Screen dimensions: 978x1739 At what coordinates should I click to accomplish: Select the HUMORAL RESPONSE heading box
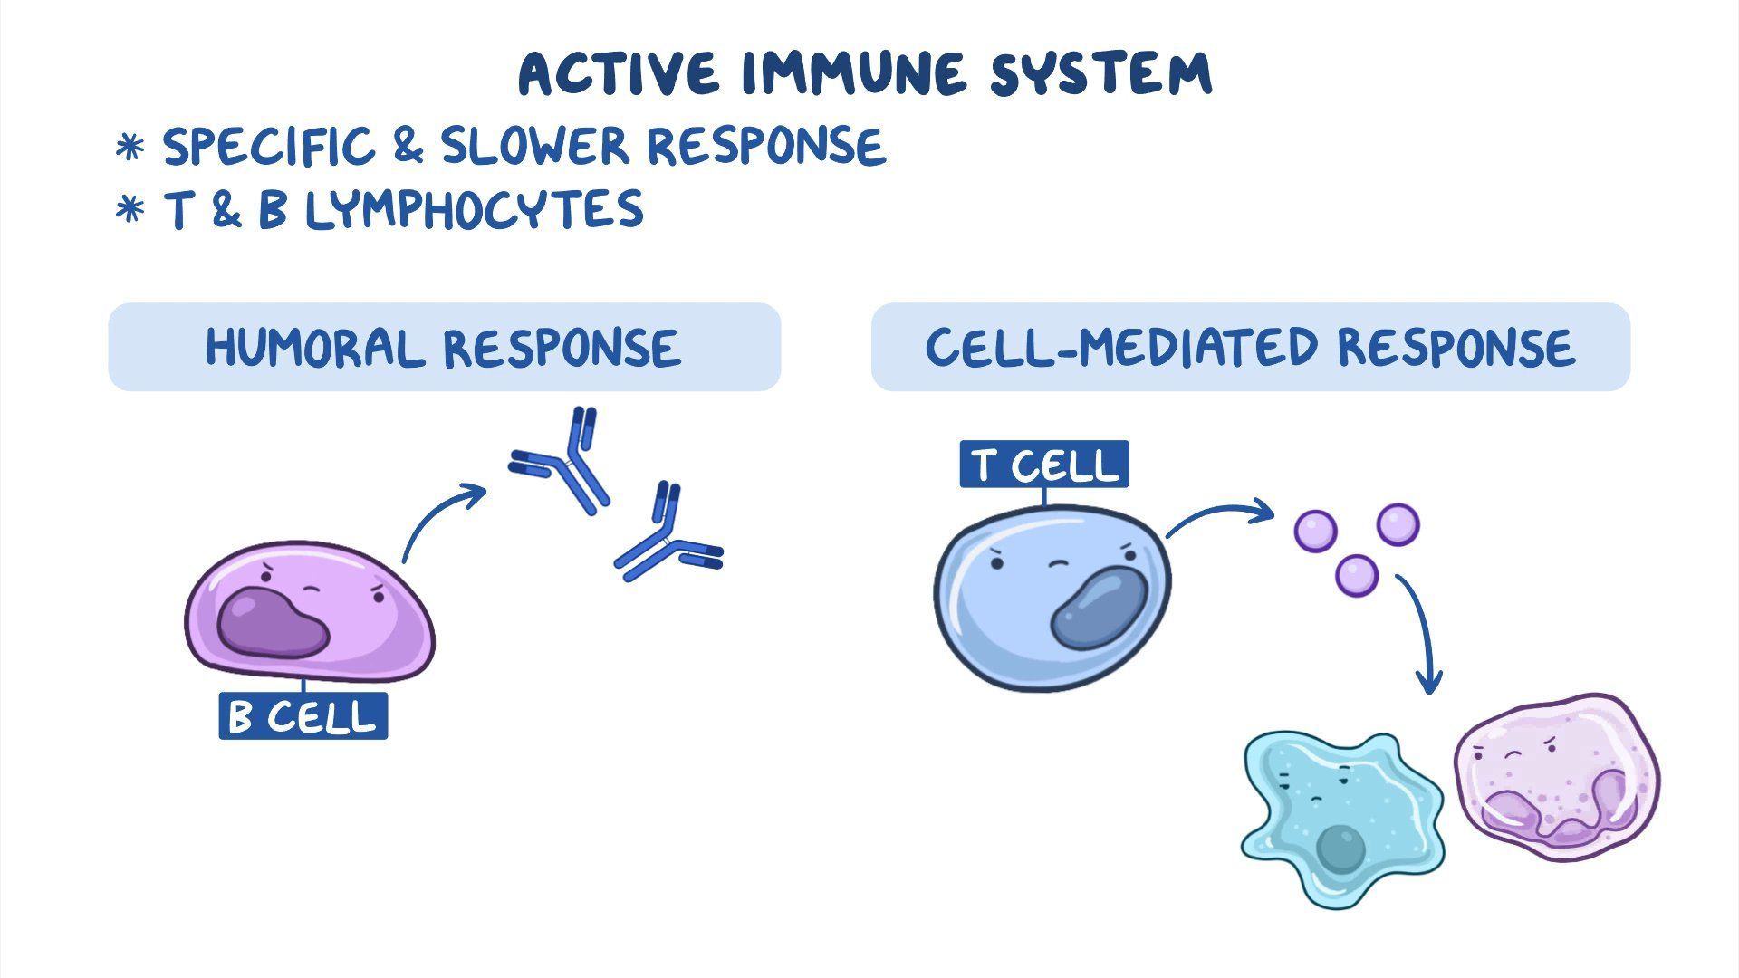point(444,347)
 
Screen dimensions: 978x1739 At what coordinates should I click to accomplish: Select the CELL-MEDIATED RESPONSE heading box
point(1250,347)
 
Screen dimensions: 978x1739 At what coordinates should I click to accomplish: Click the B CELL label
point(303,716)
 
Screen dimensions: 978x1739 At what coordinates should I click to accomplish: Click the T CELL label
point(1043,465)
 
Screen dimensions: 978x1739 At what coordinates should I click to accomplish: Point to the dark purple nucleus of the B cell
point(272,624)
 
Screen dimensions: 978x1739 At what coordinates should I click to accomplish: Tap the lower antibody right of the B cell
point(668,540)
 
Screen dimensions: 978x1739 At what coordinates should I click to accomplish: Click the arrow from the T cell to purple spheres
point(1219,516)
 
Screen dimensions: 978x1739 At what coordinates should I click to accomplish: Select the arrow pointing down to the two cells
point(1421,634)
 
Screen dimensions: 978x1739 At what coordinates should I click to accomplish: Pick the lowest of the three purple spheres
point(1356,575)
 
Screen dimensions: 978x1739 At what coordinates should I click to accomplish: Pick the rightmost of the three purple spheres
point(1398,524)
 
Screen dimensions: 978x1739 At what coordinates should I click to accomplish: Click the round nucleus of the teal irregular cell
point(1340,849)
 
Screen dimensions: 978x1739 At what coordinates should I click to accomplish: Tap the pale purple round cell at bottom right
point(1557,770)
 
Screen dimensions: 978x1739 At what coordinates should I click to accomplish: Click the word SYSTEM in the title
point(1100,74)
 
